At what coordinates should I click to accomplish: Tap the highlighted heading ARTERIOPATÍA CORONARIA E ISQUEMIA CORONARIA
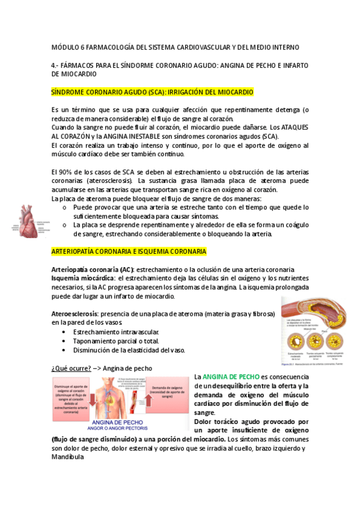pyautogui.click(x=129, y=251)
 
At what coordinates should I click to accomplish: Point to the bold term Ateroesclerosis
pyautogui.click(x=75, y=314)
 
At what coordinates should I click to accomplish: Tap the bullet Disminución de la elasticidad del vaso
pyautogui.click(x=129, y=350)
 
